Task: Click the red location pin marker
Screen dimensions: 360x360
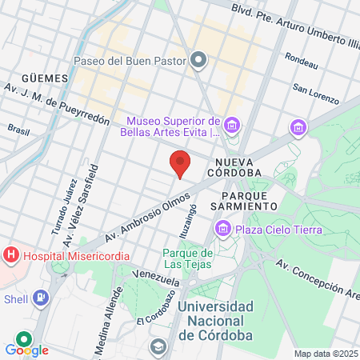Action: click(181, 162)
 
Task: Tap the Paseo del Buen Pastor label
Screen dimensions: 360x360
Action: click(129, 60)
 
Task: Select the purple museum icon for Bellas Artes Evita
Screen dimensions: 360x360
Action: click(231, 125)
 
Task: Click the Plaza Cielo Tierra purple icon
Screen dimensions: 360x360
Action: click(222, 230)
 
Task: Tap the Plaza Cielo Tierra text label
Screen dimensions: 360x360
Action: click(278, 230)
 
